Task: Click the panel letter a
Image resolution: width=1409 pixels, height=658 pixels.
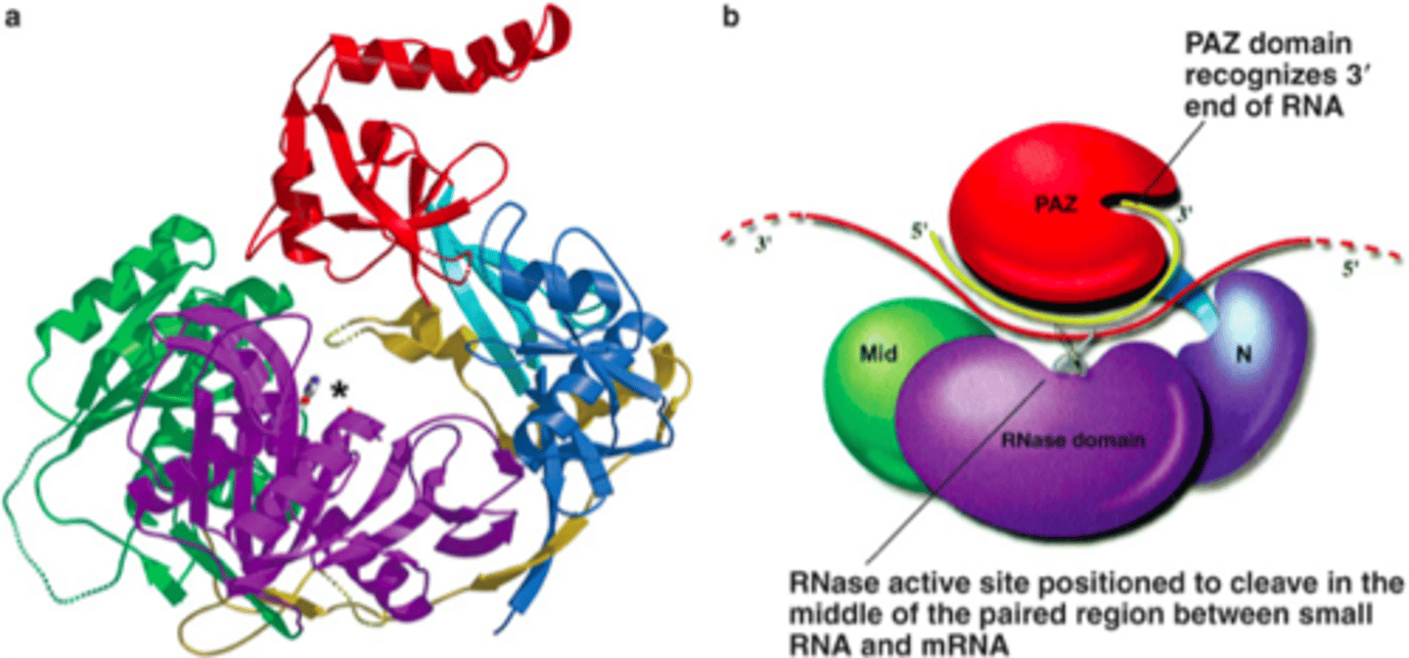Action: [x=13, y=18]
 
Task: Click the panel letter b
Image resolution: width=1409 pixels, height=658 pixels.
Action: [x=730, y=17]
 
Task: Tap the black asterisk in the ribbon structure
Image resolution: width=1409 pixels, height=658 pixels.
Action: [x=339, y=392]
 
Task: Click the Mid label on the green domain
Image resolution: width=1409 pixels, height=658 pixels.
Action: [x=878, y=355]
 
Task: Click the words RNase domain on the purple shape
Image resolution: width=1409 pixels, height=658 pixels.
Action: [x=1072, y=440]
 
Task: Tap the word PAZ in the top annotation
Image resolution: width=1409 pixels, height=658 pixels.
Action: [x=1212, y=44]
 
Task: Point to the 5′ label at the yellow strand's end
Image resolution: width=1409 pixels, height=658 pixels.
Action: [x=919, y=232]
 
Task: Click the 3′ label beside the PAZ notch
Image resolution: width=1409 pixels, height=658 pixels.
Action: [x=1184, y=214]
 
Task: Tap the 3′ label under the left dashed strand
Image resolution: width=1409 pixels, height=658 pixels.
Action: [x=763, y=243]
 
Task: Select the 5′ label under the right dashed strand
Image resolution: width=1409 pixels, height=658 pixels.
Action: [x=1350, y=269]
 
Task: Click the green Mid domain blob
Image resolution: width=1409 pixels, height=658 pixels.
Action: [x=881, y=390]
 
